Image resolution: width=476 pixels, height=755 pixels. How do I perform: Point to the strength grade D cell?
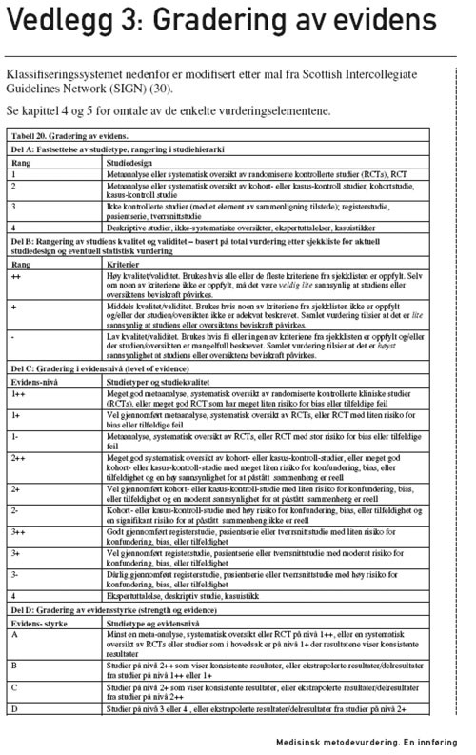pos(15,736)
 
